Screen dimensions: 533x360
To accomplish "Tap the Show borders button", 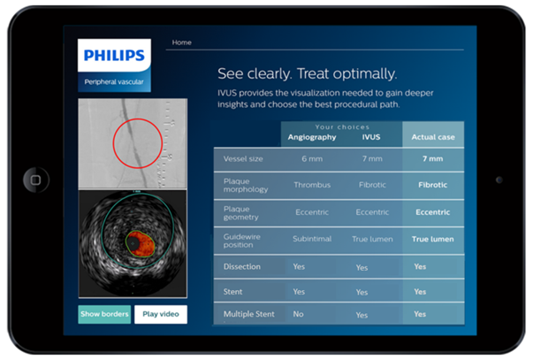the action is tap(104, 314).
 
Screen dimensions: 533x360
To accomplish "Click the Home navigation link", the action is tap(181, 42).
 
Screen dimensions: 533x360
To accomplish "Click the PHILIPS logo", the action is tap(114, 55).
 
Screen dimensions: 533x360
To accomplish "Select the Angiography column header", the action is tap(312, 137).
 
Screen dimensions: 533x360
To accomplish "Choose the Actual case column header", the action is tap(433, 137).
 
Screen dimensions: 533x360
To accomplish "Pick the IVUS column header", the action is tap(371, 137).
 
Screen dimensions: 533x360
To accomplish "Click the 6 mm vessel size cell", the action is tap(312, 159).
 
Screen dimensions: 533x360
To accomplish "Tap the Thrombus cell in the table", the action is tap(312, 185).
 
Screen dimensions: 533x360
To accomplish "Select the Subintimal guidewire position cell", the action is tap(312, 239).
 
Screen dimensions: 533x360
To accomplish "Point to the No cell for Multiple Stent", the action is tap(298, 314).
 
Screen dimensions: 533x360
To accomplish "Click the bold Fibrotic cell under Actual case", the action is tap(433, 185).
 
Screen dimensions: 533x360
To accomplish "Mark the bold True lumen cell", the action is tap(433, 239).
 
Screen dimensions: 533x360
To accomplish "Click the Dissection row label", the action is tap(242, 267).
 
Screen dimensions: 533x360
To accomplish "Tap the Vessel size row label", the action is tap(243, 159).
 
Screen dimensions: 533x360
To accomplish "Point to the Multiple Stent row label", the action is tap(249, 314).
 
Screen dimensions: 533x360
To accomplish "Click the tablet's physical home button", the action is tap(36, 180).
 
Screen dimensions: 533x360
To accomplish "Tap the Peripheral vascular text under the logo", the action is tap(114, 82).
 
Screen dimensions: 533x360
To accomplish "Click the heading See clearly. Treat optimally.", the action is tap(307, 73).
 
